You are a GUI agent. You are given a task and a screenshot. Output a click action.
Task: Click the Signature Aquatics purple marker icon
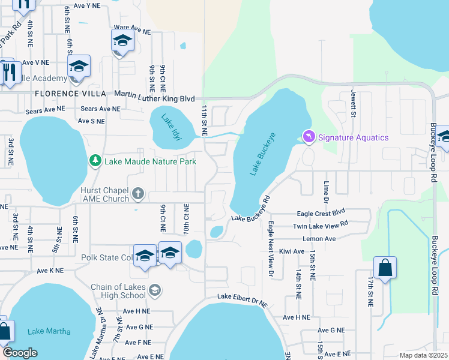coord(309,137)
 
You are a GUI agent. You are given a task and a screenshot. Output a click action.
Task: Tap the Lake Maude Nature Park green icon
coord(95,161)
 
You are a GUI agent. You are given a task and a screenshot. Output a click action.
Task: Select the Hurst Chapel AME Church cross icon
coord(138,193)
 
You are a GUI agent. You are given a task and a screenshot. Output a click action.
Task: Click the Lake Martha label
coord(49,331)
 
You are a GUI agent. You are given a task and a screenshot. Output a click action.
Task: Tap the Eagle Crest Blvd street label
coord(321,213)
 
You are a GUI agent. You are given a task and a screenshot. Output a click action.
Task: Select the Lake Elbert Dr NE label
coord(243,299)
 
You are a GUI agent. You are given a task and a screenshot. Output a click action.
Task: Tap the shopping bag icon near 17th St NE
coord(385,268)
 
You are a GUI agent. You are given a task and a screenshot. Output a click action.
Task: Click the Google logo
coord(20,353)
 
